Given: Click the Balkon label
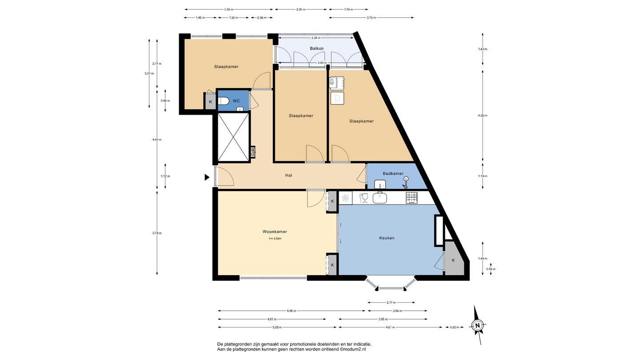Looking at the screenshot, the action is pyautogui.click(x=316, y=48).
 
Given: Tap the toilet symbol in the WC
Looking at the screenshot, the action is pyautogui.click(x=223, y=101).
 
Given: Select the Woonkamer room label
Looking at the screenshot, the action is pyautogui.click(x=275, y=232).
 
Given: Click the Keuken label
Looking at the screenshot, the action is pyautogui.click(x=387, y=238).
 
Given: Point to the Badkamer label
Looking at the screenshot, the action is pyautogui.click(x=393, y=173).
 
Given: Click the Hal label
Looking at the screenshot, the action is pyautogui.click(x=288, y=176).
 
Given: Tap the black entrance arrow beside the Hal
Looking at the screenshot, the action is pyautogui.click(x=207, y=177).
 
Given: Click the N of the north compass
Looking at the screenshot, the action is pyautogui.click(x=477, y=325).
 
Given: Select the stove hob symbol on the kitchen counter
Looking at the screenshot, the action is pyautogui.click(x=412, y=198).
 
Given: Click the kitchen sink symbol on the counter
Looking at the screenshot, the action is pyautogui.click(x=380, y=198).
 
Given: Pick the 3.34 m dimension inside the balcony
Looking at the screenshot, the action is pyautogui.click(x=316, y=38).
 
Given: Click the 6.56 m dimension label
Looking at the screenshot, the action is pyautogui.click(x=292, y=311).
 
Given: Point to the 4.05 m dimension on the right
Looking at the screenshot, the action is pyautogui.click(x=483, y=116).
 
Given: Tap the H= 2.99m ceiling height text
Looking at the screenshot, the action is pyautogui.click(x=275, y=239).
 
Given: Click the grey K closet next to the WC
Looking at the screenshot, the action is pyautogui.click(x=211, y=102).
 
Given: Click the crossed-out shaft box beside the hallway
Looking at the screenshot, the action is pyautogui.click(x=233, y=137).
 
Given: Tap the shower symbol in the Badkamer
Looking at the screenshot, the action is pyautogui.click(x=405, y=183).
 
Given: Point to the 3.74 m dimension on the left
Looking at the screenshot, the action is pyautogui.click(x=157, y=233).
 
